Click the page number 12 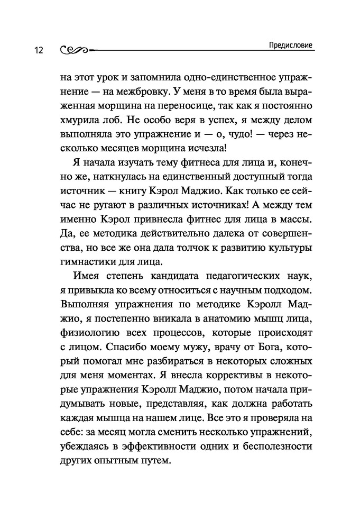38,50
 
